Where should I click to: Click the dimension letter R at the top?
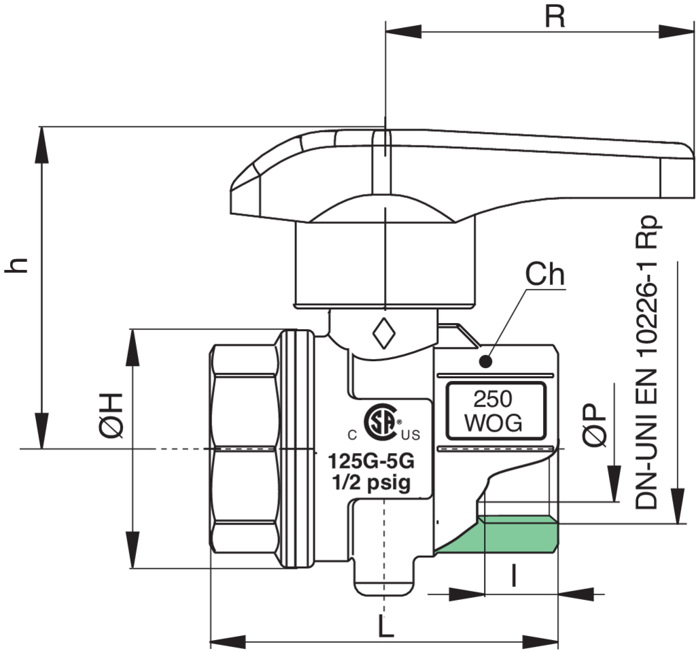[x=555, y=17]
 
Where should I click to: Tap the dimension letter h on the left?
[x=16, y=265]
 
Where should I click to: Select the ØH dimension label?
[x=110, y=416]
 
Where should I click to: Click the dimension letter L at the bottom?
[x=385, y=626]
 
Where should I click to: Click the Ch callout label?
[x=544, y=274]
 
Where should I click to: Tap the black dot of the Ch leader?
[x=486, y=362]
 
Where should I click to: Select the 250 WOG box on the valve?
[x=495, y=411]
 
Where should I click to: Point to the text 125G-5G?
[x=371, y=461]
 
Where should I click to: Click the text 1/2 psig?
[x=372, y=482]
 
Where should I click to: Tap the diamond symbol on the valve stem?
[x=383, y=333]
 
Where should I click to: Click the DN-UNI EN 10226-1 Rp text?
[x=646, y=363]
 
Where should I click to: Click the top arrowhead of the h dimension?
[x=41, y=144]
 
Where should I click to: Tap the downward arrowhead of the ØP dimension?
[x=614, y=484]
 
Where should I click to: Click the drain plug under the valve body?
[x=385, y=577]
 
